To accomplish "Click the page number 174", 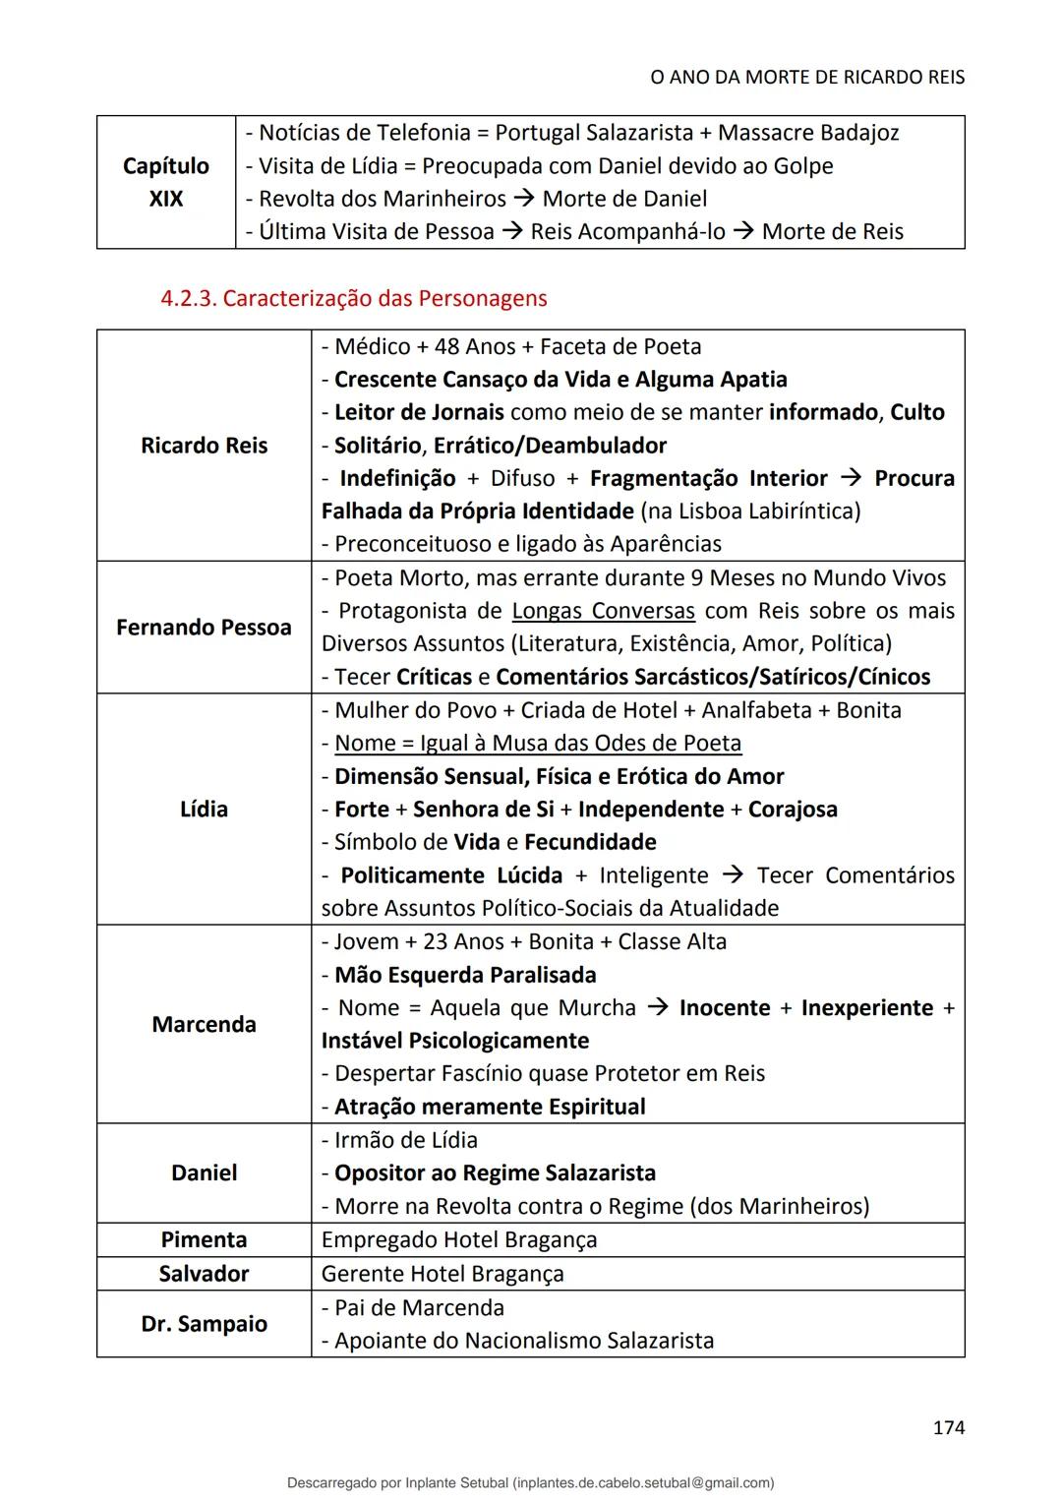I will pos(948,1426).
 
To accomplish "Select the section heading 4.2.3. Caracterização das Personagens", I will pos(354,298).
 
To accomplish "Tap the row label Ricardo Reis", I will pos(204,446).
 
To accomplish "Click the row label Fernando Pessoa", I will pos(204,628).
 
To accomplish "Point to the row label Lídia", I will pos(204,809).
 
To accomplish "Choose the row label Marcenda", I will pos(204,1024).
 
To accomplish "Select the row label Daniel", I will pos(204,1172).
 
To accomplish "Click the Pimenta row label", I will pos(204,1239).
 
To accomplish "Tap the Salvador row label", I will pos(204,1274).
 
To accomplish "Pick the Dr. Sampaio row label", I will pos(204,1324).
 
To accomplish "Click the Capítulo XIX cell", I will pos(166,182).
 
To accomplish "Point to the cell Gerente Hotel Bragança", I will pos(442,1274).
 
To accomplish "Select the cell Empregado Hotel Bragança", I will pos(459,1239).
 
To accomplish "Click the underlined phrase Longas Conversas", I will pos(603,611).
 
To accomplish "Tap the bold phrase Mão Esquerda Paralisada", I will pos(465,975).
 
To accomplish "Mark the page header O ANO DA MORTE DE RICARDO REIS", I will pos(807,77).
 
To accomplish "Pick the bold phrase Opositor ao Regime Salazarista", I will pos(495,1172).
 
